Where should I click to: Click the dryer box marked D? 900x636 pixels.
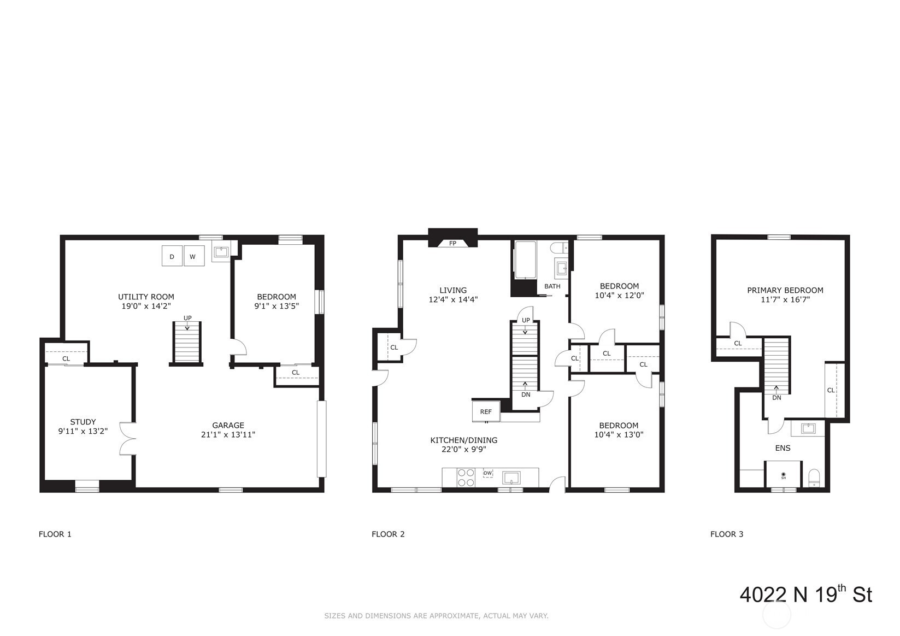click(x=172, y=256)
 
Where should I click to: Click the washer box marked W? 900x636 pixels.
click(x=194, y=256)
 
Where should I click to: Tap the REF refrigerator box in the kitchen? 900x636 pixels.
click(x=486, y=411)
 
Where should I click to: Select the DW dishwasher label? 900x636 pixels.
click(x=487, y=473)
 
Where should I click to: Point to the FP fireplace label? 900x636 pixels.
click(x=452, y=243)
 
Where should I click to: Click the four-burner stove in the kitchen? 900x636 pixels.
click(x=466, y=478)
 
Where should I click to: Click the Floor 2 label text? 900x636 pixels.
click(x=388, y=534)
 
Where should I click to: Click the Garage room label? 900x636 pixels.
click(x=228, y=425)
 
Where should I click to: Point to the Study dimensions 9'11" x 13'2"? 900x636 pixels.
click(x=83, y=431)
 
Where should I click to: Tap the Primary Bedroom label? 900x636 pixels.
click(x=785, y=290)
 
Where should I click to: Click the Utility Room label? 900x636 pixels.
click(x=146, y=297)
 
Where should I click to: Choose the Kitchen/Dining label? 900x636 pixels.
click(x=463, y=440)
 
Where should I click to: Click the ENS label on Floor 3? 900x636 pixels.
click(x=783, y=448)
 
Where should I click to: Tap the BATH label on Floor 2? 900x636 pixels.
click(x=552, y=286)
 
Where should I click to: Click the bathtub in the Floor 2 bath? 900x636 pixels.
click(x=525, y=260)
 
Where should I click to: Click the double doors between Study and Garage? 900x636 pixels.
click(x=128, y=438)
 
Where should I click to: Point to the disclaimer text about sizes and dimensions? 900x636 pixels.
click(x=437, y=615)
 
